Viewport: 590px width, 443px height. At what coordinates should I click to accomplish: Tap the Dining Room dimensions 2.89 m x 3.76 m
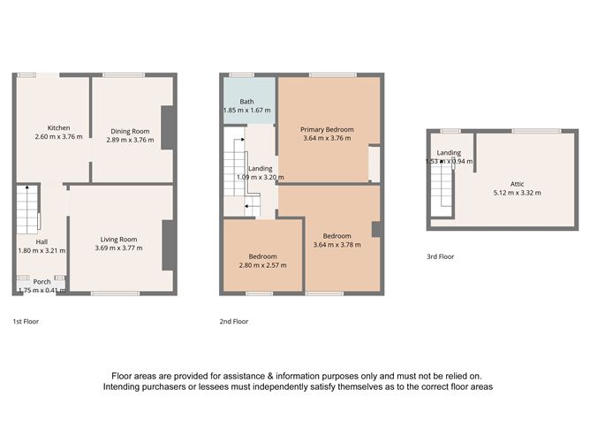(128, 140)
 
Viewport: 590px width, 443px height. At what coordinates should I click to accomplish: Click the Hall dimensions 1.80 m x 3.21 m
(41, 251)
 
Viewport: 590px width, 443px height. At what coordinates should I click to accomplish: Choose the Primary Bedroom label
(326, 129)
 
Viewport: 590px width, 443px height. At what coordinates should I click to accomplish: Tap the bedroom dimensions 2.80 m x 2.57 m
(263, 264)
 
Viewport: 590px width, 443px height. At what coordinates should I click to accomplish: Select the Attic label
(518, 183)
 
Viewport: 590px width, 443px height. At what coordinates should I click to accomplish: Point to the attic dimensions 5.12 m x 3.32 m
(518, 193)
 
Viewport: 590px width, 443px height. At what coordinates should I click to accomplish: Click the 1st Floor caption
(26, 321)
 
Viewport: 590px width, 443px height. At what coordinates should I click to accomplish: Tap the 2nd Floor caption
(235, 321)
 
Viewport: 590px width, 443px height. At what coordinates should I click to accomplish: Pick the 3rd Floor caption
(440, 257)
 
